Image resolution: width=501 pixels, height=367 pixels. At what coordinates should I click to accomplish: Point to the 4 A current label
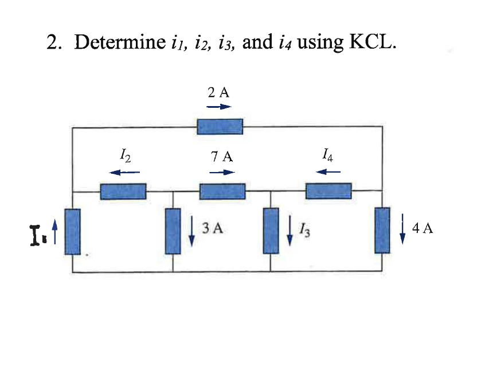point(422,228)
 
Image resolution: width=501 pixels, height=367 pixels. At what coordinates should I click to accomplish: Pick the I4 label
point(328,154)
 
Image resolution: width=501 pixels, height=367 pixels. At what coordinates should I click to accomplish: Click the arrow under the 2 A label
point(219,107)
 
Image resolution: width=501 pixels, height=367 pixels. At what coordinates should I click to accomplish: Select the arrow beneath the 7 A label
point(222,172)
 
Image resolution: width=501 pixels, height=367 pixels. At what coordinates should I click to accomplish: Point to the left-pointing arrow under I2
point(125,171)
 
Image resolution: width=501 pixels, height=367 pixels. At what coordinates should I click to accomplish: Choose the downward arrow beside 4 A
point(403,229)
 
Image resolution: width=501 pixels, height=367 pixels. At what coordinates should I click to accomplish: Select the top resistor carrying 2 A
point(220,126)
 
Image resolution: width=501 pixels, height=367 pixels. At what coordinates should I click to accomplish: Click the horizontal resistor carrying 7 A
point(222,191)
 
